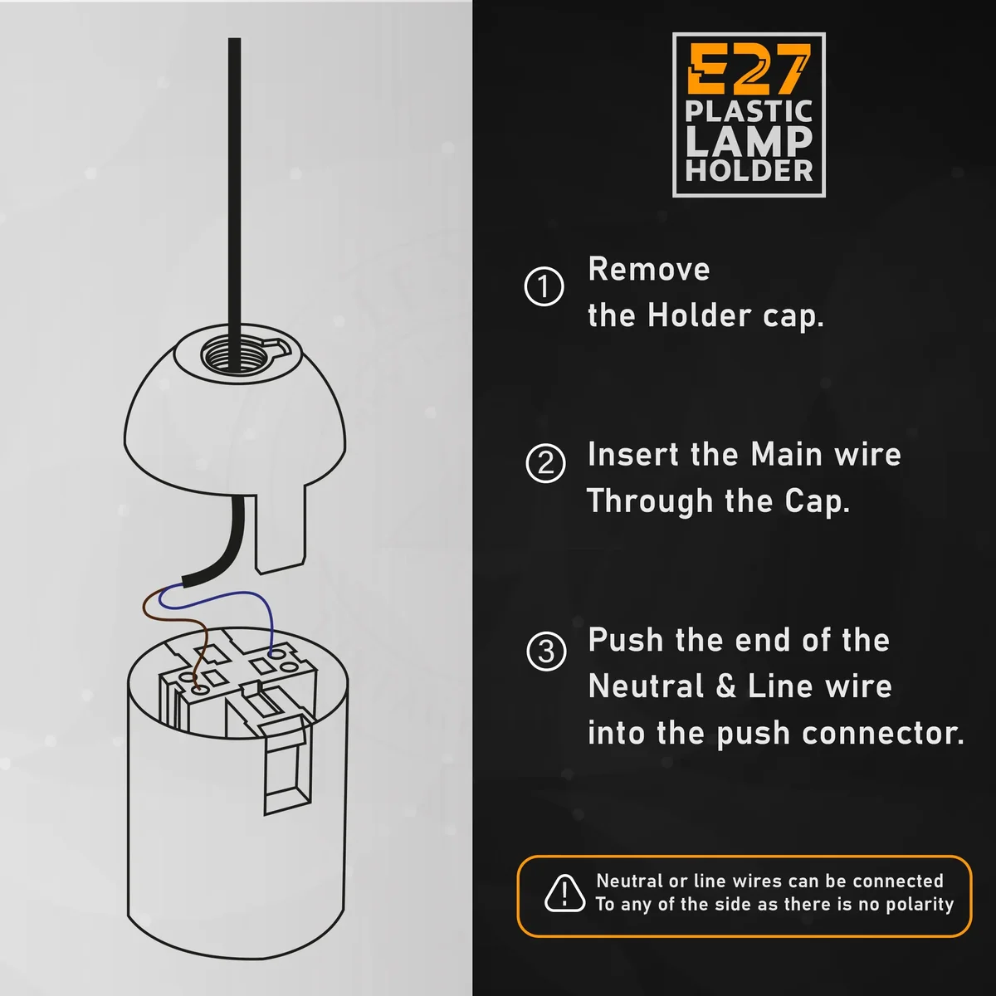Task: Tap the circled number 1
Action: tap(544, 287)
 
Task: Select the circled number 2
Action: tap(545, 463)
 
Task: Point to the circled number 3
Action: tap(546, 651)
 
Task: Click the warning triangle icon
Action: tap(564, 894)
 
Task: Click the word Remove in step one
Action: tap(649, 269)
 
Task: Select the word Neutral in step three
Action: tap(647, 686)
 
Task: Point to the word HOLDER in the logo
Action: tap(749, 170)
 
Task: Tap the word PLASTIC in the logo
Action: tap(749, 111)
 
